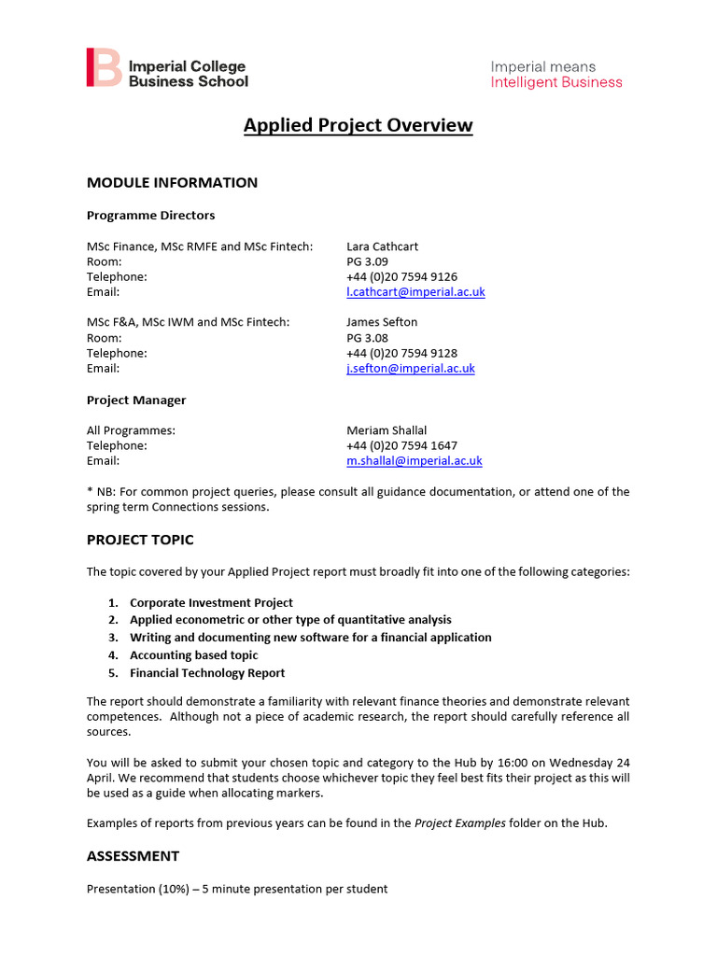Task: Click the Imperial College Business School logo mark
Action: (103, 68)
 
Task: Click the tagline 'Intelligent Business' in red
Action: (555, 82)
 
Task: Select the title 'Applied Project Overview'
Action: (358, 126)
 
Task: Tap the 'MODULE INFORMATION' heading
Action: (172, 183)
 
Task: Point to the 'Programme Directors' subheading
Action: (150, 216)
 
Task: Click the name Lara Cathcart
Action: (382, 246)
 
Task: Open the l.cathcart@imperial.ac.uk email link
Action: (415, 292)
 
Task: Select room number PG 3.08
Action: (367, 338)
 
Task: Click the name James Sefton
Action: (381, 322)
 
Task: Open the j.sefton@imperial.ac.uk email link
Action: (410, 369)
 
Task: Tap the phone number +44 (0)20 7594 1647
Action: (401, 446)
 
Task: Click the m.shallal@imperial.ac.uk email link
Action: (414, 461)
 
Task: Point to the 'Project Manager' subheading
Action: (136, 401)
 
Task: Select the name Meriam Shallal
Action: (387, 430)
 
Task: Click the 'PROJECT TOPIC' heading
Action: (140, 541)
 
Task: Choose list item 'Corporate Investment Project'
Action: (211, 603)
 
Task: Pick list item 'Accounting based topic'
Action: (193, 655)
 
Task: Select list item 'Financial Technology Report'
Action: (207, 673)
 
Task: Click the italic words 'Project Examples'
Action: (459, 823)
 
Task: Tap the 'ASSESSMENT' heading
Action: (133, 856)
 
